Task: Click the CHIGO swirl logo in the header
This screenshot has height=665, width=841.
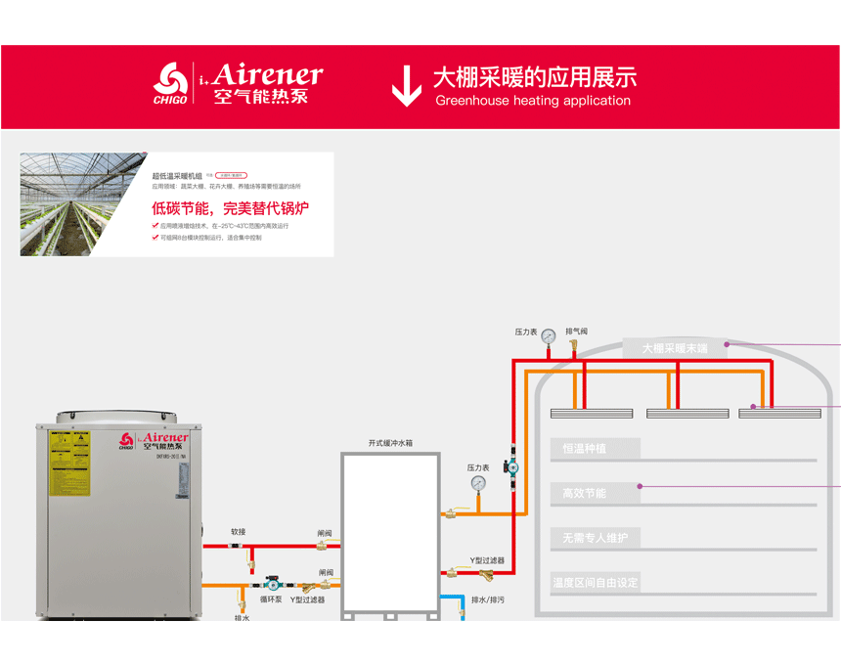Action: (170, 79)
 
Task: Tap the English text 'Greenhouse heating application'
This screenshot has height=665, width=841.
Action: (533, 101)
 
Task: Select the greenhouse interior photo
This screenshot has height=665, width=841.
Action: (83, 204)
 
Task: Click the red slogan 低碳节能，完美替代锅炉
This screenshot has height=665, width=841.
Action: (230, 208)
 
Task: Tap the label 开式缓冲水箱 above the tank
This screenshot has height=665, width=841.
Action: (390, 443)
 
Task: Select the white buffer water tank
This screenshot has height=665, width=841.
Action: (390, 533)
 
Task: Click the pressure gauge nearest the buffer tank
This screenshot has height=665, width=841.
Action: (478, 483)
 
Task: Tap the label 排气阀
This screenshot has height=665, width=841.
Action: (577, 332)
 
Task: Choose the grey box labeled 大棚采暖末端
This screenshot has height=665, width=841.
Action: (675, 347)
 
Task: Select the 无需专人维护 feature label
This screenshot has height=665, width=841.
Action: (595, 538)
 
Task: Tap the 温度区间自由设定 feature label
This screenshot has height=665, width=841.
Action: (595, 583)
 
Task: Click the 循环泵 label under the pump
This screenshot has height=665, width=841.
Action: (271, 599)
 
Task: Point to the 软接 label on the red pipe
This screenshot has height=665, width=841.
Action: (239, 532)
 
